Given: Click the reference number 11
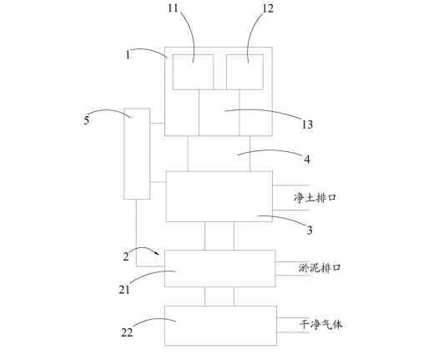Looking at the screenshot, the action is (173, 8).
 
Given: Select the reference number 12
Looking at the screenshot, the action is (268, 8).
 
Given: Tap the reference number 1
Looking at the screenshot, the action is (128, 55).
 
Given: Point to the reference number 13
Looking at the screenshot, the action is (307, 124).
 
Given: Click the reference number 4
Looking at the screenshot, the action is (307, 160).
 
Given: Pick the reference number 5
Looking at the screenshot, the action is (87, 120).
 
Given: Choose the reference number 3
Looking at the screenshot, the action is (310, 231).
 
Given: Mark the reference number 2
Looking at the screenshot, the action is (126, 256).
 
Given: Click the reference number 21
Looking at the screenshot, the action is (124, 290).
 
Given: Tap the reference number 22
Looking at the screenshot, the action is (127, 332).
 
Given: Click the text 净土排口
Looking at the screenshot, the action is (315, 198).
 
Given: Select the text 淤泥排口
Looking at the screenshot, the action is (320, 268).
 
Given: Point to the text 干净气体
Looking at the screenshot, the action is (320, 325).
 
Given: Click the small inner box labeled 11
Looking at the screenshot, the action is (194, 72).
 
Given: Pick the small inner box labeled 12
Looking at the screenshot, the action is (244, 72).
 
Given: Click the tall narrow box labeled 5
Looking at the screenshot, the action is (137, 154).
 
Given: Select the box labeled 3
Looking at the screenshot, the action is (219, 196).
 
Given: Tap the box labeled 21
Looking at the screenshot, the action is (220, 268).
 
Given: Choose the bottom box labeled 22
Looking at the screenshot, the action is (220, 326).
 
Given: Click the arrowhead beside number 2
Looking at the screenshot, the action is (158, 253).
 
